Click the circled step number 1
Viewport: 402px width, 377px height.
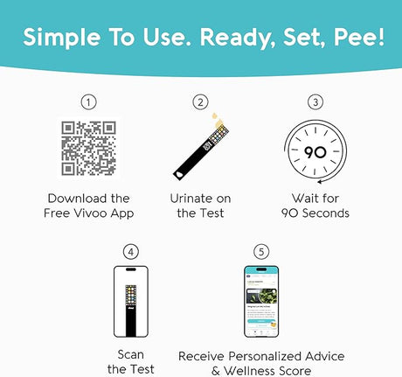(x=88, y=102)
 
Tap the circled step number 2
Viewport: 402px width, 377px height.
(x=200, y=102)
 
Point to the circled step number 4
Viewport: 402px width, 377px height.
(x=131, y=252)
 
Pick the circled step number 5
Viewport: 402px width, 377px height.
(x=260, y=252)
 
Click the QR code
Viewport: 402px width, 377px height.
(x=88, y=149)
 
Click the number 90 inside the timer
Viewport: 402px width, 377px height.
(x=315, y=150)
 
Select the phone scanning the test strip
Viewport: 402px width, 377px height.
(x=131, y=302)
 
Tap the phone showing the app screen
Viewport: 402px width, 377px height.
(x=260, y=302)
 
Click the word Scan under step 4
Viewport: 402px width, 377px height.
(x=130, y=355)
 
